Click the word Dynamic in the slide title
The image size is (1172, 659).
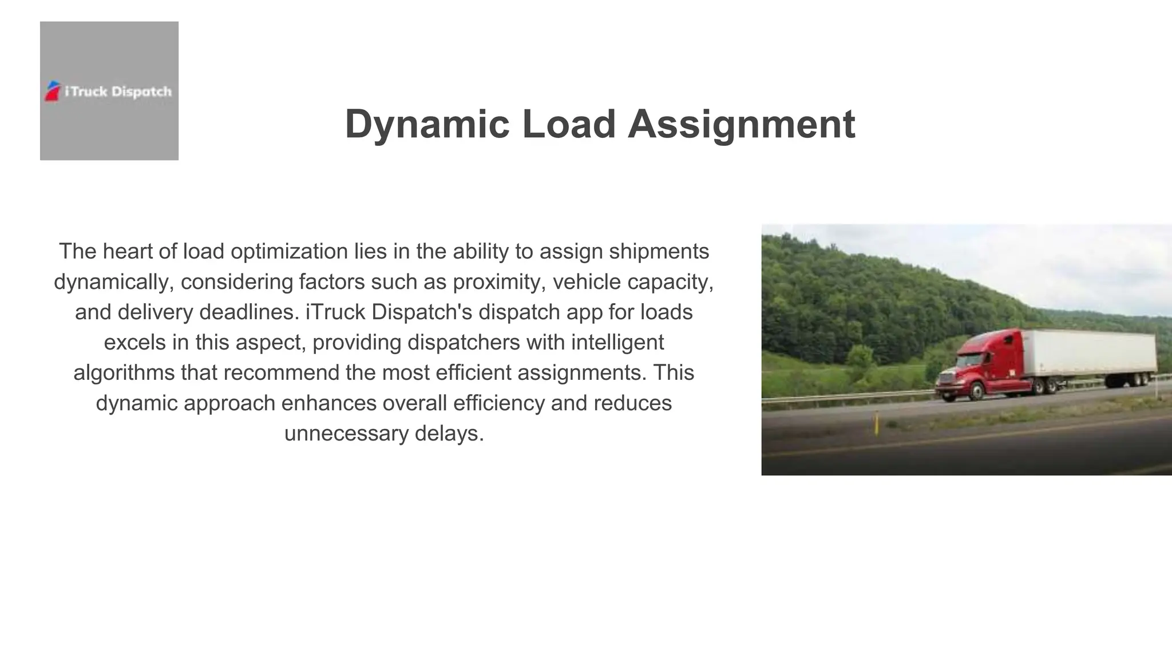coord(427,124)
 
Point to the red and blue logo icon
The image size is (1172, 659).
coord(53,91)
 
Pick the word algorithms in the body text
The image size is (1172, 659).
coord(124,372)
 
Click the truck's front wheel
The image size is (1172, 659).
coord(976,391)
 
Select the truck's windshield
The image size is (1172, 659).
coord(968,360)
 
